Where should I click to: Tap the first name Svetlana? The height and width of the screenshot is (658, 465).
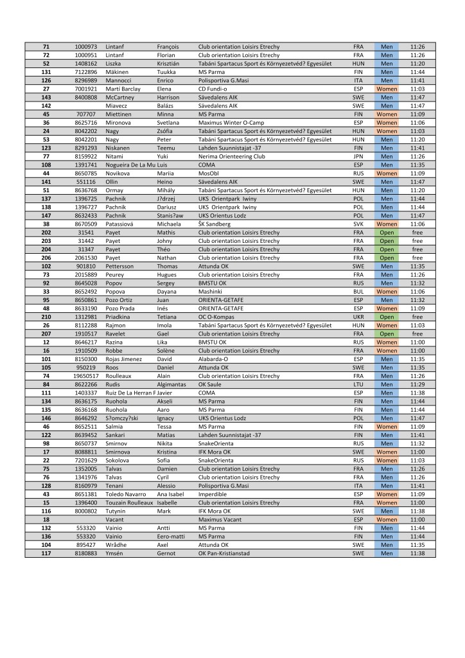(x=170, y=122)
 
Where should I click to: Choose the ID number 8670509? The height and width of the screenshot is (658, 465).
(x=86, y=224)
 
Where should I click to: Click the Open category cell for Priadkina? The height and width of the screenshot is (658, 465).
(x=387, y=316)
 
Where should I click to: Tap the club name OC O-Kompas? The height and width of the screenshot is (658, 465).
(x=220, y=316)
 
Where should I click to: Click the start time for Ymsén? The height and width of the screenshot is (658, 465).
(x=417, y=553)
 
